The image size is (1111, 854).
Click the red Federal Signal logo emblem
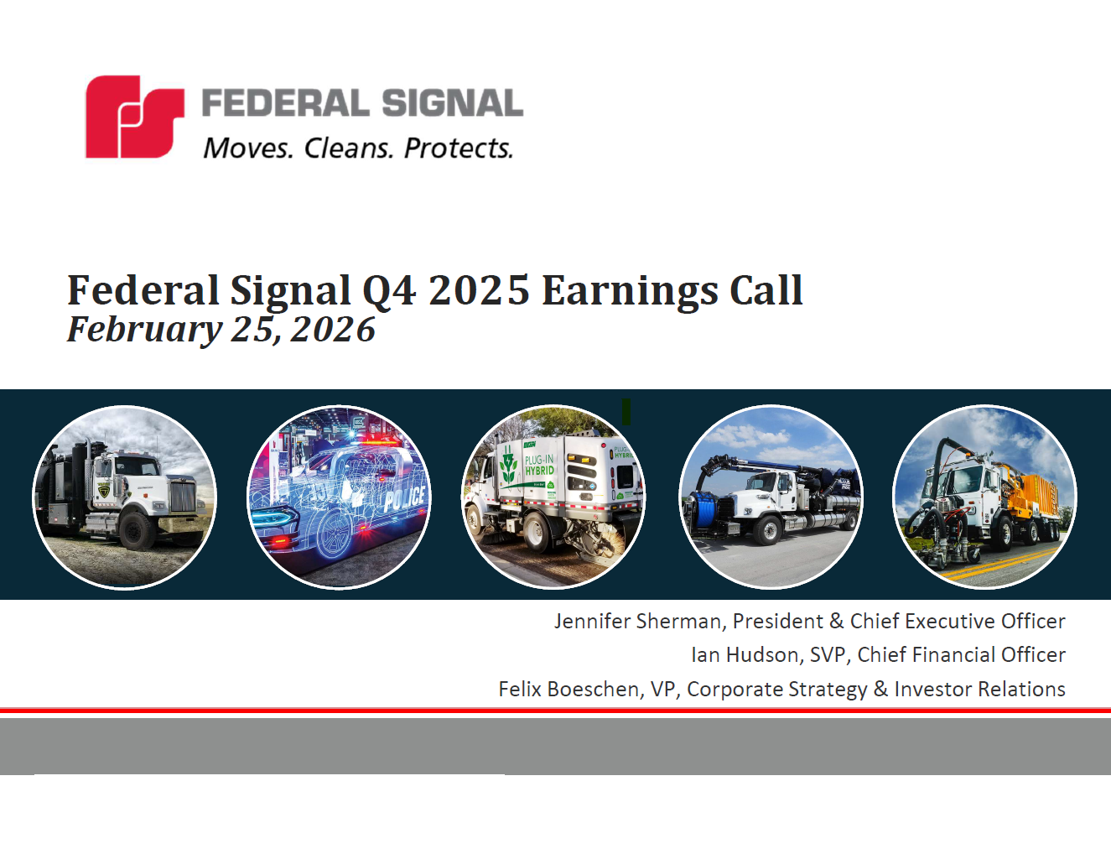point(134,117)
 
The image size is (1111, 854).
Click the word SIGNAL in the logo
point(452,103)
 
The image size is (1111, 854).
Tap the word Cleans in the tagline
point(347,148)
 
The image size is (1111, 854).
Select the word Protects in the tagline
point(458,148)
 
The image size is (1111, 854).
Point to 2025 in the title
point(479,291)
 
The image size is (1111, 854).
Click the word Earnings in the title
point(630,291)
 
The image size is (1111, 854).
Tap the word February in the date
point(144,330)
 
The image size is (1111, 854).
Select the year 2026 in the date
point(333,330)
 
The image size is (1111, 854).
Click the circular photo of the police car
point(339,497)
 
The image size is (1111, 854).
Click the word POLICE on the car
point(404,499)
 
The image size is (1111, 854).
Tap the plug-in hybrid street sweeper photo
point(553,497)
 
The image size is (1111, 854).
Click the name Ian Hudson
point(745,654)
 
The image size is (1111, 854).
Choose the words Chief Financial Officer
point(961,654)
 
